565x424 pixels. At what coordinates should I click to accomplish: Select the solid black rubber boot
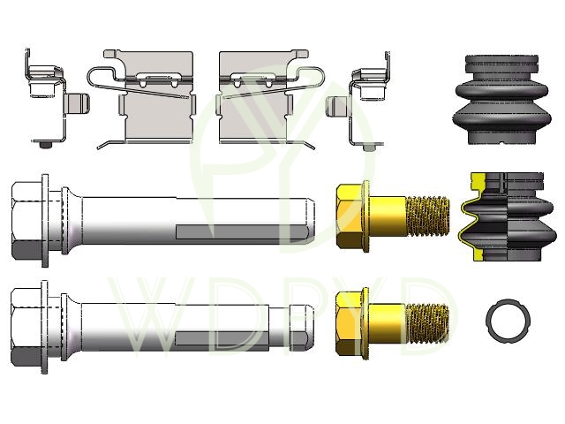click(502, 100)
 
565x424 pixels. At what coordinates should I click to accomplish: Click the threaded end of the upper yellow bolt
click(428, 216)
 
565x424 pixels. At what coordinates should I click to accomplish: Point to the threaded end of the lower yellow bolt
click(428, 323)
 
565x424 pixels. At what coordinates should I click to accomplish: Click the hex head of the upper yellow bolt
click(349, 216)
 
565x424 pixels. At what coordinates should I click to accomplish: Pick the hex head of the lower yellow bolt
click(349, 323)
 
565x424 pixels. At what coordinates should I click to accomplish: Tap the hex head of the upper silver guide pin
click(26, 221)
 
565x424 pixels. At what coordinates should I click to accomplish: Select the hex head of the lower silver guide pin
click(26, 327)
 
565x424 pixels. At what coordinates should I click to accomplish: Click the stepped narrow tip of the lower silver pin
click(301, 328)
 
